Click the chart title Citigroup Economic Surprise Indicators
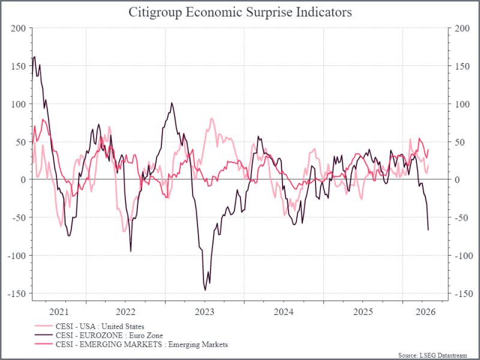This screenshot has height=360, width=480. pos(240,12)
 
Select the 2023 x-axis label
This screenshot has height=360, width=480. pos(205,312)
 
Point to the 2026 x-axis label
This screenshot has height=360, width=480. pos(425,312)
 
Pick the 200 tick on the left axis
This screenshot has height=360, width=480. pos(19,28)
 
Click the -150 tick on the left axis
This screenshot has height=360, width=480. pos(17,293)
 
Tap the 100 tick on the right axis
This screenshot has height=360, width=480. pos(463,104)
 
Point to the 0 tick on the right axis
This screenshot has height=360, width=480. pos(458,179)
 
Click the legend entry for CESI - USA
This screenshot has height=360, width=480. pos(99,326)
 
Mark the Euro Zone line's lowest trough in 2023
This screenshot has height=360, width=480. pos(205,290)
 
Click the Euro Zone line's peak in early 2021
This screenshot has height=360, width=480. pos(35,57)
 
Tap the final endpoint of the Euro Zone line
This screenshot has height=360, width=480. pos(428,230)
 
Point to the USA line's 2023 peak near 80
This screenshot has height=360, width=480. pos(212,118)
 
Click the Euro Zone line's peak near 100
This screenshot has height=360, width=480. pos(172,103)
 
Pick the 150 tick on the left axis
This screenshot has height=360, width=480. pos(19,66)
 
